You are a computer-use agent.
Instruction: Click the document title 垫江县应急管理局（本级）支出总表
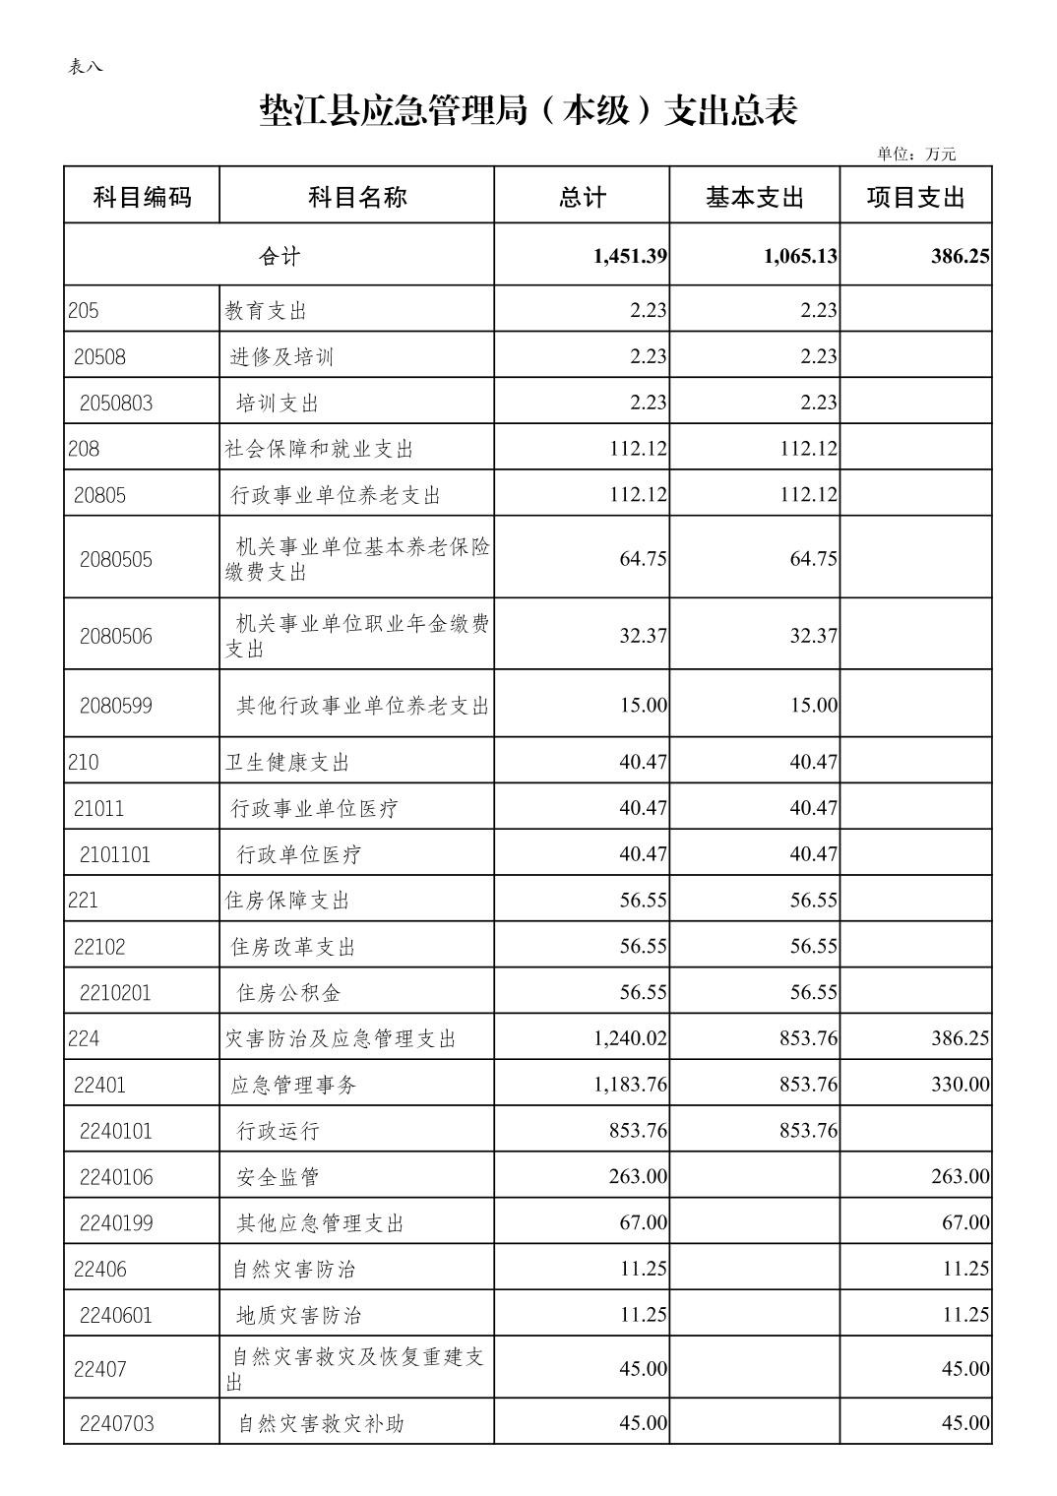tap(528, 110)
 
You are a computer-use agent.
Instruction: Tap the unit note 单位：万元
tap(915, 154)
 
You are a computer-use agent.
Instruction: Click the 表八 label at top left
tap(85, 67)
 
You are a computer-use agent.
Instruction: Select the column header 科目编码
tap(142, 198)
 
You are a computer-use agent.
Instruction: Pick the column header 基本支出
tap(755, 198)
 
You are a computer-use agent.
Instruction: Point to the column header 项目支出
tap(915, 198)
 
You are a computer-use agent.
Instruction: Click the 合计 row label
tap(280, 257)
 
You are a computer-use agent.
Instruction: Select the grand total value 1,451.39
tap(630, 257)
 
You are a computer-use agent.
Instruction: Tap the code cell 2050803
tap(116, 403)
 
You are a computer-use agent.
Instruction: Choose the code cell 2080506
tap(116, 636)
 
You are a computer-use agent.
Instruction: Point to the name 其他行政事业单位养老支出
tap(362, 706)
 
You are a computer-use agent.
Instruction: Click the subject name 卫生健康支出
tap(287, 763)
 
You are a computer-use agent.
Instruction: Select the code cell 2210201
tap(115, 993)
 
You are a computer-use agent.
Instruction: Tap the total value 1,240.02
tap(630, 1038)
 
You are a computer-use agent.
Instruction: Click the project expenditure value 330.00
tap(960, 1085)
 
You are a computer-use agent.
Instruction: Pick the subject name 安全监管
tap(278, 1177)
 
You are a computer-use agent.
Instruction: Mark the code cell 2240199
tap(116, 1223)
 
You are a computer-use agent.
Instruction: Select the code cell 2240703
tap(116, 1423)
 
